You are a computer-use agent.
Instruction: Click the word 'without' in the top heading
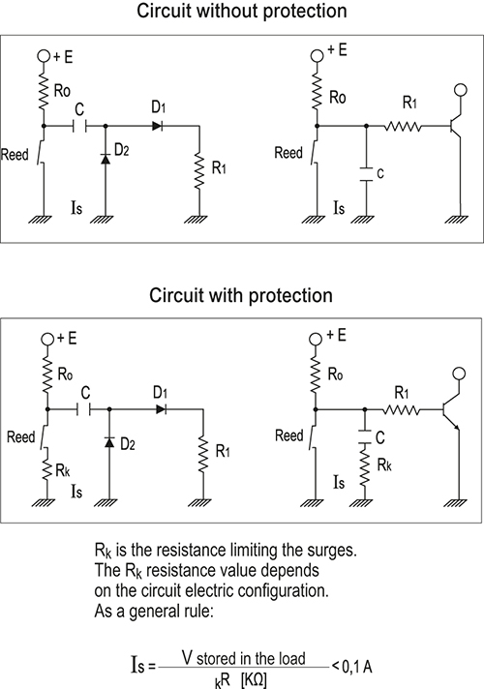227,11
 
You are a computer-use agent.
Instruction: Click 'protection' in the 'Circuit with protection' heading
290,296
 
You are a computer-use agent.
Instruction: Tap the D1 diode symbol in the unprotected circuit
157,126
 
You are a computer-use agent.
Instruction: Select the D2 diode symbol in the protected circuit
109,441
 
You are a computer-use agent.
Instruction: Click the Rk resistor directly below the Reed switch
47,466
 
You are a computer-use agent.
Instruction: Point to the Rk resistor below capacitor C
364,464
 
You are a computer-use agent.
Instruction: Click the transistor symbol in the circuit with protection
451,409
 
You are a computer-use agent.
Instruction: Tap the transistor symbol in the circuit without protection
455,126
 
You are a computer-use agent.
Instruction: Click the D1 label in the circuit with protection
160,392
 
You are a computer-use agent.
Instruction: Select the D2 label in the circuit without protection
122,150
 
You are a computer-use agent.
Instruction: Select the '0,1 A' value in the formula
356,667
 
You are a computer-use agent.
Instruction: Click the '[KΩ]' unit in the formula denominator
254,680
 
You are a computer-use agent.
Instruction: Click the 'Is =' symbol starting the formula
143,665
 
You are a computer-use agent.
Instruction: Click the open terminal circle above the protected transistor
460,374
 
